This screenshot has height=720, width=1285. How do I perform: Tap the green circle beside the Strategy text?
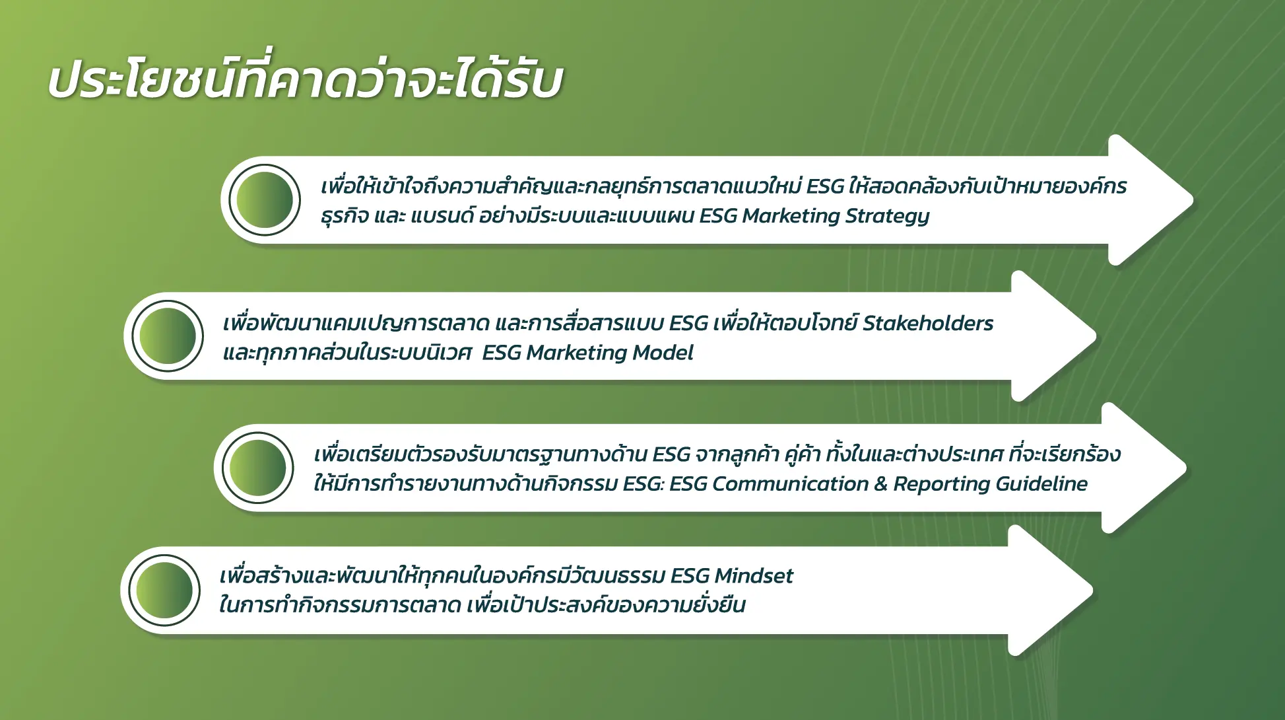pyautogui.click(x=265, y=200)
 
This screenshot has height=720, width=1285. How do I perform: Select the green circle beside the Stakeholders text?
pyautogui.click(x=168, y=336)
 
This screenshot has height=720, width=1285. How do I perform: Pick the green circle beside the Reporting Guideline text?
pyautogui.click(x=257, y=468)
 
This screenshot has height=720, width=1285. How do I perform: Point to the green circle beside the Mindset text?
pyautogui.click(x=164, y=591)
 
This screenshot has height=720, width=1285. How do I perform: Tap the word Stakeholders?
pyautogui.click(x=927, y=323)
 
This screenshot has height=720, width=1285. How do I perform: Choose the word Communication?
pyautogui.click(x=790, y=484)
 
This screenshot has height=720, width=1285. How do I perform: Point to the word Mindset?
pyautogui.click(x=754, y=576)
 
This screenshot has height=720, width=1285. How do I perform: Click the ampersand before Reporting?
pyautogui.click(x=880, y=484)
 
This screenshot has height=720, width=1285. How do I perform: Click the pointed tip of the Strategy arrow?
pyautogui.click(x=1193, y=199)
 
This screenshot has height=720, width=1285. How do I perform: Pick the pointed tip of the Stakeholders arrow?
pyautogui.click(x=1096, y=336)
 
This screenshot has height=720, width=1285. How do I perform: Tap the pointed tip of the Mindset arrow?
pyautogui.click(x=1093, y=590)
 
